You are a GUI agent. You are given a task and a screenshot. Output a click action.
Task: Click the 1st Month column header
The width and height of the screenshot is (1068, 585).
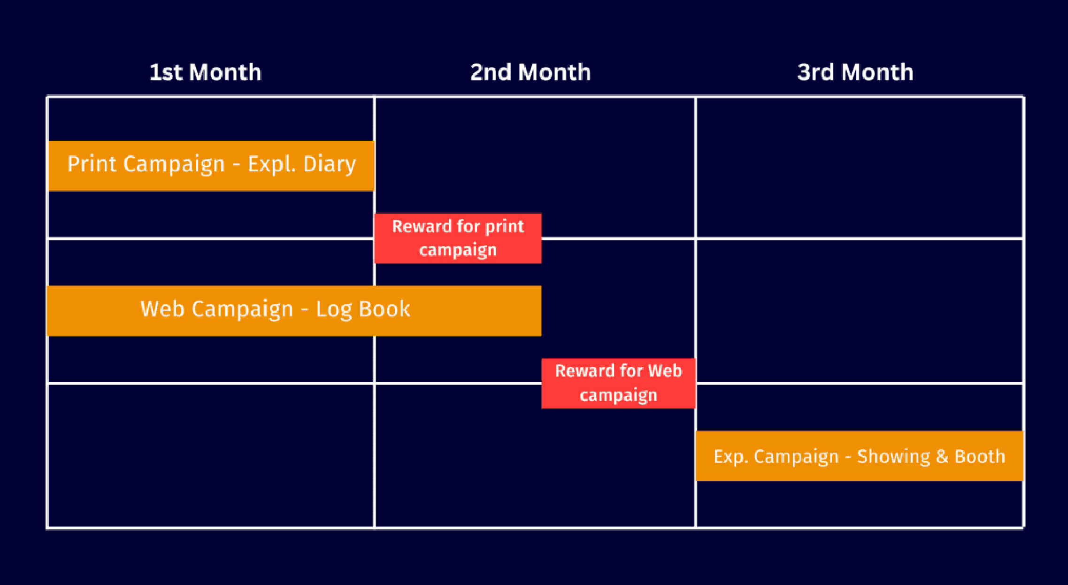[x=205, y=72]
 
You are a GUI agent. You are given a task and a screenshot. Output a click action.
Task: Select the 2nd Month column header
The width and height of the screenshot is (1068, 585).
[x=530, y=72]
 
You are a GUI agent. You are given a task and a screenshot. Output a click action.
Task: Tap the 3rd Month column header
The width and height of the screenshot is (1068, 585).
[x=855, y=72]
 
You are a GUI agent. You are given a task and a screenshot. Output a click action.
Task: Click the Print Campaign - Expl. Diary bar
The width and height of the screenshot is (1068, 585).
[x=211, y=166]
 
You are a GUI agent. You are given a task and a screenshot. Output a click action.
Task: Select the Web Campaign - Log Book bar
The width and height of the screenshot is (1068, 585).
[x=294, y=310]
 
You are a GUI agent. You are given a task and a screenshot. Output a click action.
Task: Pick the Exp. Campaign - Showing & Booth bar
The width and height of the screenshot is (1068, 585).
[x=860, y=456]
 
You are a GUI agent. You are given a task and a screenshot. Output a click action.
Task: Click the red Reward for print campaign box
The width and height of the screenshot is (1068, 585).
[x=458, y=239]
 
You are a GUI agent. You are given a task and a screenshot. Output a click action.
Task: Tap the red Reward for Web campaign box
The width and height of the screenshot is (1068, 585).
[x=619, y=383]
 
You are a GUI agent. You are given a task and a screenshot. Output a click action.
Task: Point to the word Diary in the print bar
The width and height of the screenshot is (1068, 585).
[x=330, y=164]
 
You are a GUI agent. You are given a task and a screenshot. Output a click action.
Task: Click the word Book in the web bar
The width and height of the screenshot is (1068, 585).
[x=384, y=309]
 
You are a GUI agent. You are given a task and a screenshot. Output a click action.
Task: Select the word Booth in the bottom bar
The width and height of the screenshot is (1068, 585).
[x=980, y=456]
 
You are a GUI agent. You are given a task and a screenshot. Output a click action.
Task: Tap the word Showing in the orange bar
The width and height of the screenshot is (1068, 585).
[x=894, y=457]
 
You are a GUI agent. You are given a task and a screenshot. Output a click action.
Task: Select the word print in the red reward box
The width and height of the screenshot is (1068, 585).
[x=505, y=227]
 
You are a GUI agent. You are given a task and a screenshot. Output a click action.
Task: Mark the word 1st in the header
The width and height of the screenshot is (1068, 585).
[x=166, y=72]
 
